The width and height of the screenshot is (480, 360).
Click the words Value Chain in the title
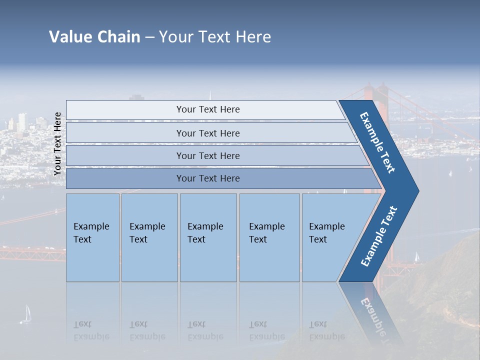tap(94, 37)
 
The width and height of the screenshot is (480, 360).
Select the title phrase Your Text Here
tap(215, 37)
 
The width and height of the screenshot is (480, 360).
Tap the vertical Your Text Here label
tap(57, 144)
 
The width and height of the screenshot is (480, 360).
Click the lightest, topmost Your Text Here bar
tap(207, 109)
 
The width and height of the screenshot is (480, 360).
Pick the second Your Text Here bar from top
tap(207, 133)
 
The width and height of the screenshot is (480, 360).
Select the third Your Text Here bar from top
tap(207, 155)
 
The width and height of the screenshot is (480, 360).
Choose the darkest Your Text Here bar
tap(207, 178)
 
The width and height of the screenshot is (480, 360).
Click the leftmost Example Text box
tap(92, 237)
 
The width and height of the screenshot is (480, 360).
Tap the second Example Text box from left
tap(149, 237)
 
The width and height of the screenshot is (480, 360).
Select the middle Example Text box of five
tap(208, 237)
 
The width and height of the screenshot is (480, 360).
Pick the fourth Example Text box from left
tap(269, 237)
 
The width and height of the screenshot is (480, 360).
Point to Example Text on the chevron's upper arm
tap(377, 142)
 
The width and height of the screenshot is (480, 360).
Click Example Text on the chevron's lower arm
tap(379, 236)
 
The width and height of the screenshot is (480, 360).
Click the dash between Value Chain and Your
tap(149, 37)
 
